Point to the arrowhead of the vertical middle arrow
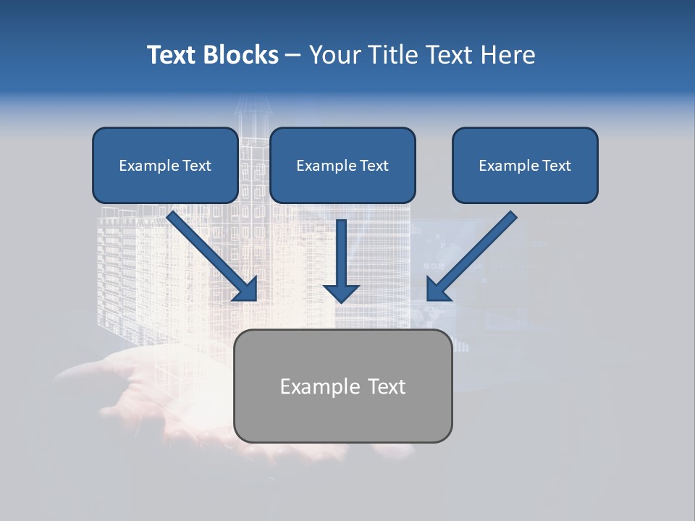341,293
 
